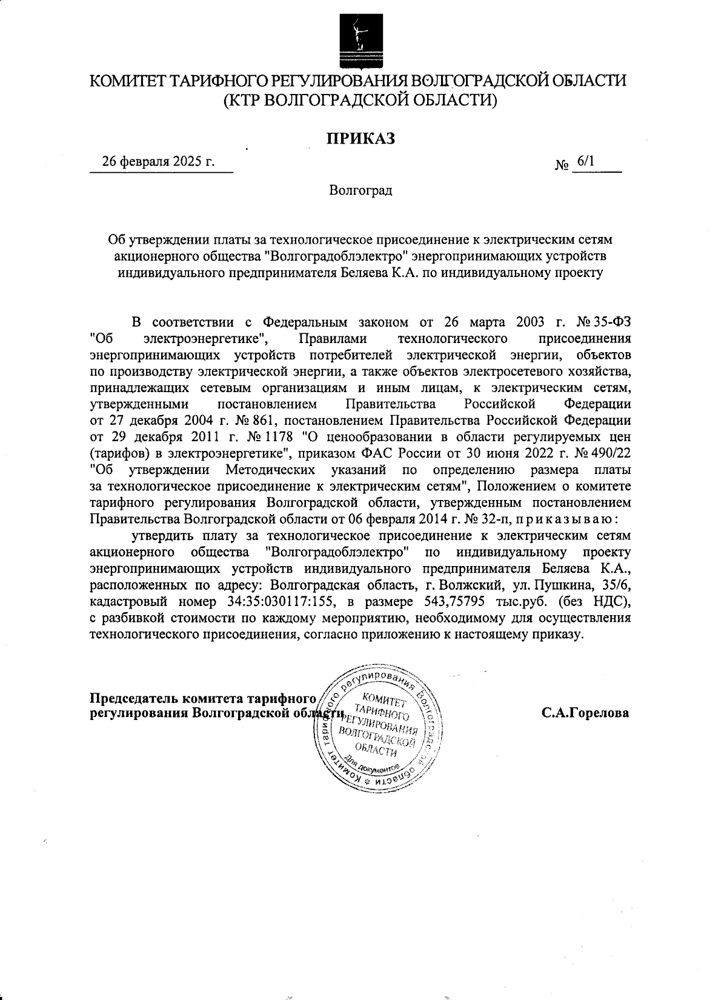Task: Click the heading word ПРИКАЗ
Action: tap(361, 139)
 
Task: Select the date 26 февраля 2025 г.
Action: tap(159, 162)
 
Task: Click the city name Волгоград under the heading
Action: tap(361, 191)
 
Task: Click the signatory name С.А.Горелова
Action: tap(585, 713)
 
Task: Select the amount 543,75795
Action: tap(449, 602)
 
